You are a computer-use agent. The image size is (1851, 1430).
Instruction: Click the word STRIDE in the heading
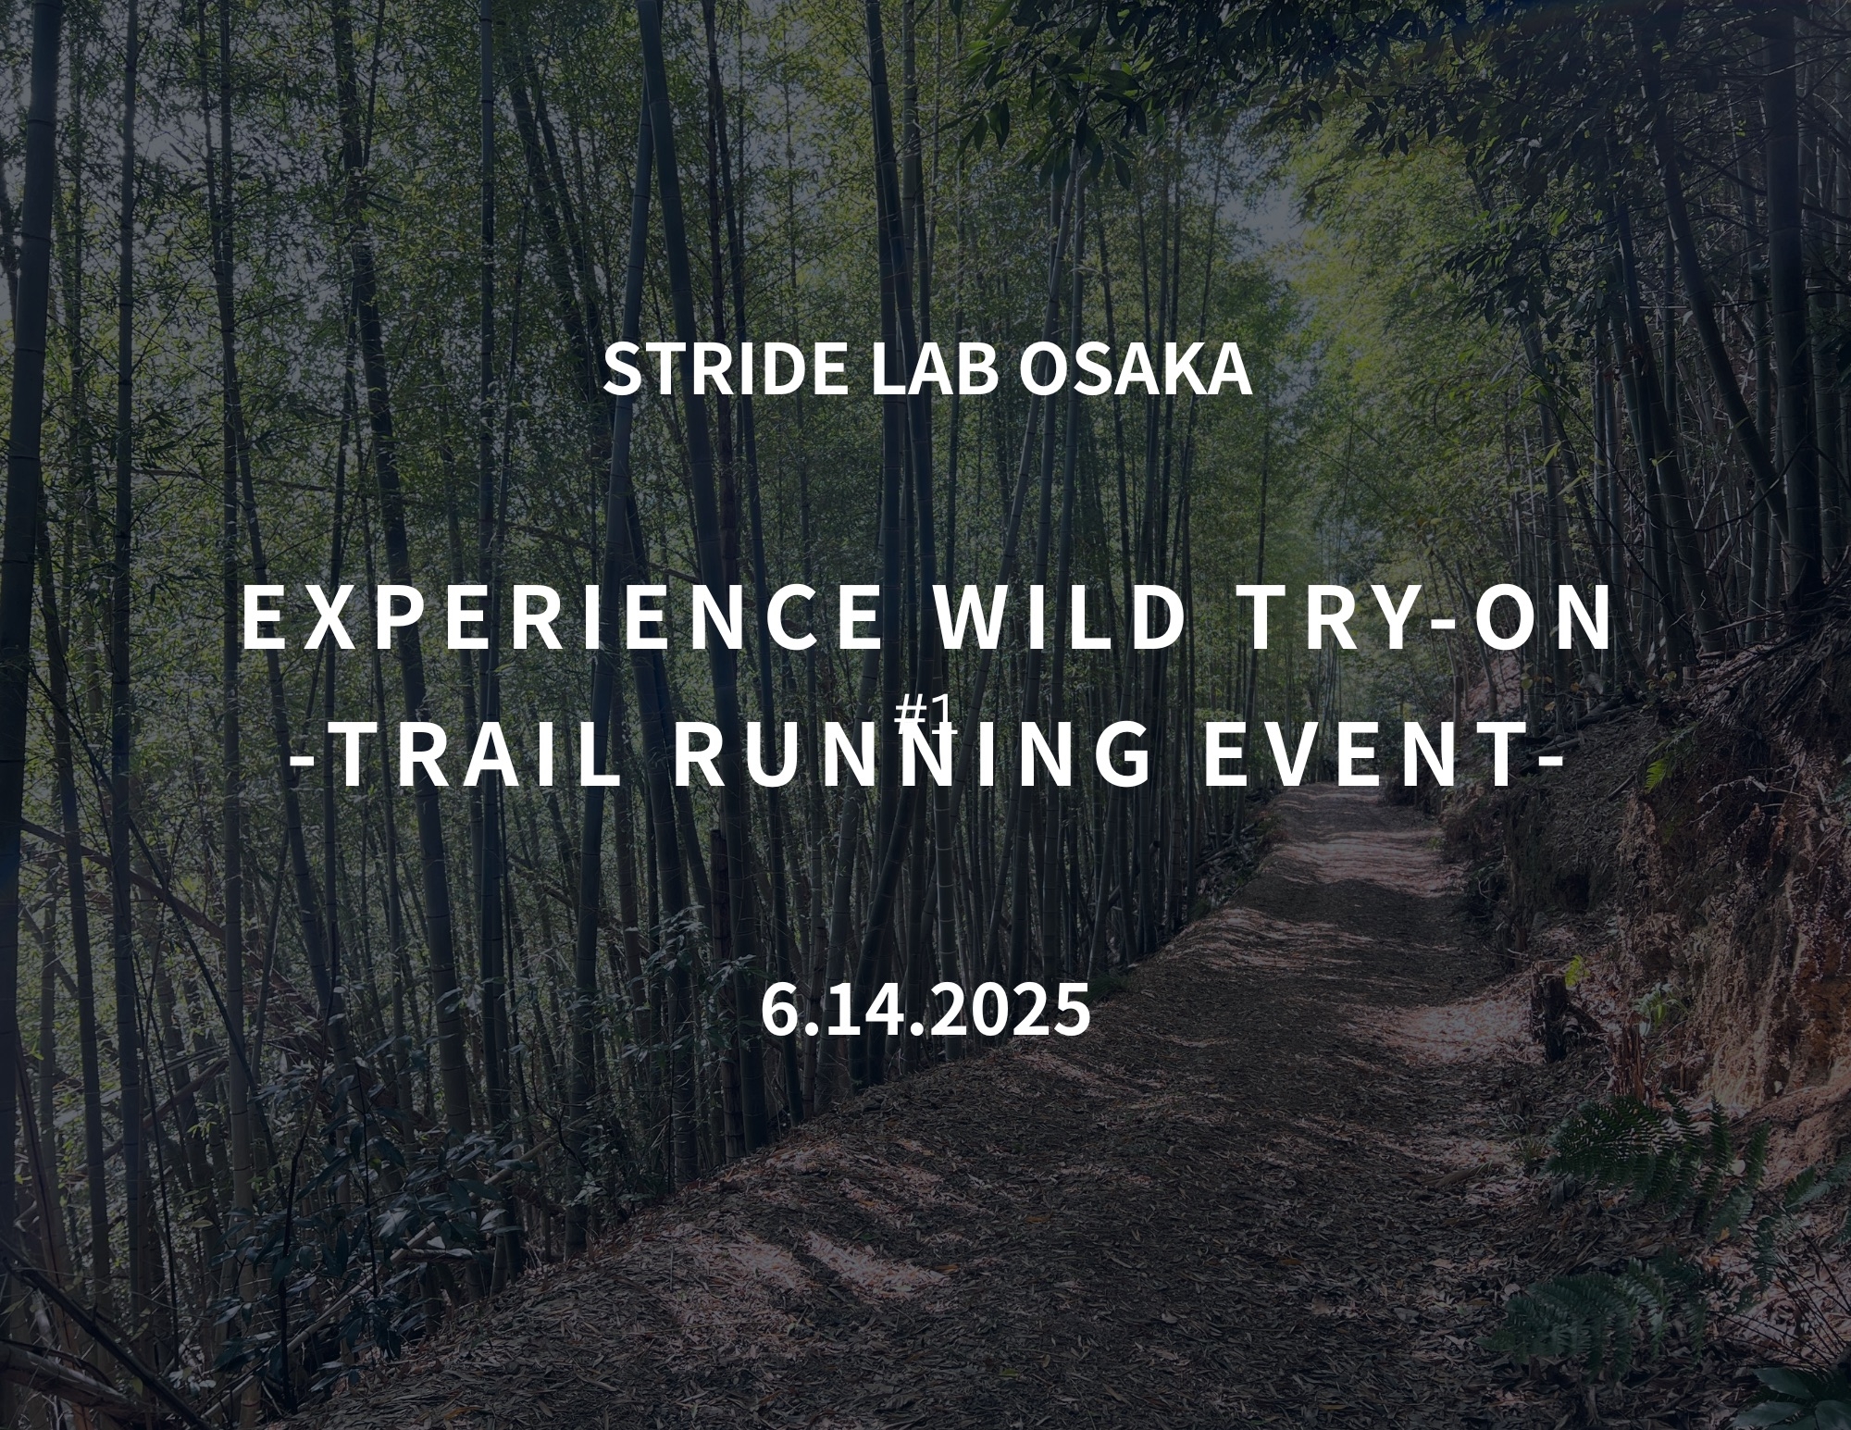click(x=725, y=369)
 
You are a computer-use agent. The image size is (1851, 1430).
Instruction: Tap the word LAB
click(x=932, y=369)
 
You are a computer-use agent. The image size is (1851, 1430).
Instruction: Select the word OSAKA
click(x=1135, y=369)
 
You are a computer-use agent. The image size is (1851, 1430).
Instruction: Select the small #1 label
click(x=923, y=710)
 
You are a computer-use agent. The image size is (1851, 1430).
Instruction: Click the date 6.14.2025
click(x=925, y=1010)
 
